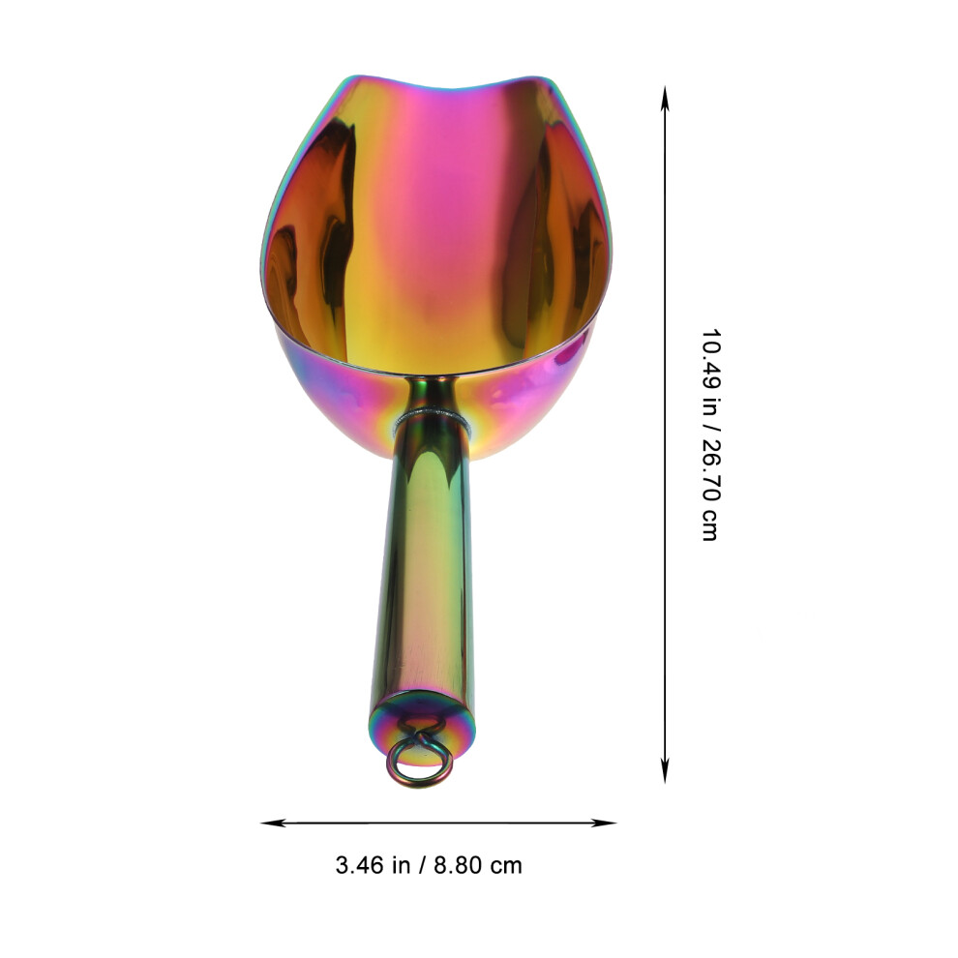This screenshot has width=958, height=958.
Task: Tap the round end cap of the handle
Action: [422, 724]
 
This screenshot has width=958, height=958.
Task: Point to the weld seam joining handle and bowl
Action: [432, 418]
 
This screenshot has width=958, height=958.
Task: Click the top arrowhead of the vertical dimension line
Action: [665, 98]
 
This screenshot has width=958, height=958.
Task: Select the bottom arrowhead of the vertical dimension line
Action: [665, 771]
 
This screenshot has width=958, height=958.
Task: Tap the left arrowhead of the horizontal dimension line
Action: [273, 823]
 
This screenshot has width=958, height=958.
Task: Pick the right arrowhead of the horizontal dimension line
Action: [604, 823]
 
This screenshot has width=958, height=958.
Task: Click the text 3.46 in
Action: [373, 865]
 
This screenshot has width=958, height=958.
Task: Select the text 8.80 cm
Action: [478, 865]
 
